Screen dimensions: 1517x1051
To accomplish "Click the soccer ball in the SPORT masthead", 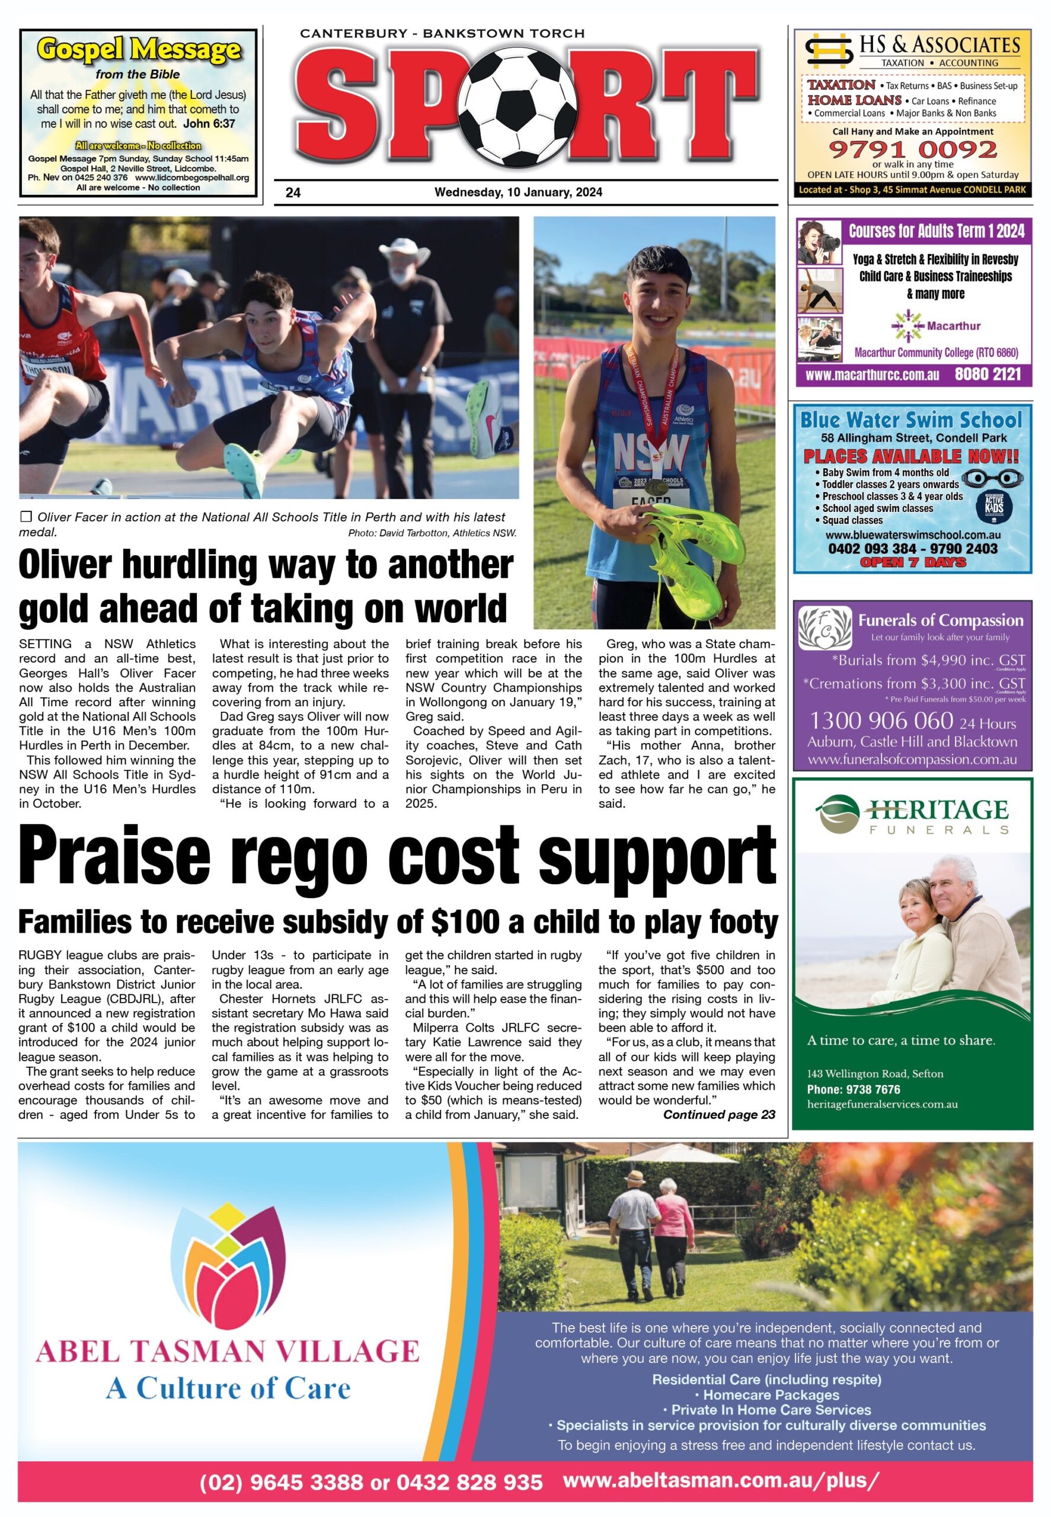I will coord(521,107).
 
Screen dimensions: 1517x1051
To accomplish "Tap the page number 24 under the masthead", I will coord(293,193).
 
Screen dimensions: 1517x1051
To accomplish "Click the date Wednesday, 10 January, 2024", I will coord(518,192).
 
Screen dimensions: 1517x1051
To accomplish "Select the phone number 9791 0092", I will coord(913,149).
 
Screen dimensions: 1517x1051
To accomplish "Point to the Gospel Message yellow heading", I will coord(138,50).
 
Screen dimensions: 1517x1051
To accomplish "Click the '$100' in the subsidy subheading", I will coord(465,922).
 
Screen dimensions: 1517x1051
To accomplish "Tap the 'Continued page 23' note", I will coord(718,1114).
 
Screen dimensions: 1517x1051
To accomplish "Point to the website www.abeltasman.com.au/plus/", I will coord(721,1480).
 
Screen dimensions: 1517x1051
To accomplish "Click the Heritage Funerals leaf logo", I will coord(838,814).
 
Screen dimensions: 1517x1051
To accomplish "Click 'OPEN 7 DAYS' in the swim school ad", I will coord(913,562).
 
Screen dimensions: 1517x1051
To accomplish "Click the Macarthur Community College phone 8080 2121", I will coord(988,375).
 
